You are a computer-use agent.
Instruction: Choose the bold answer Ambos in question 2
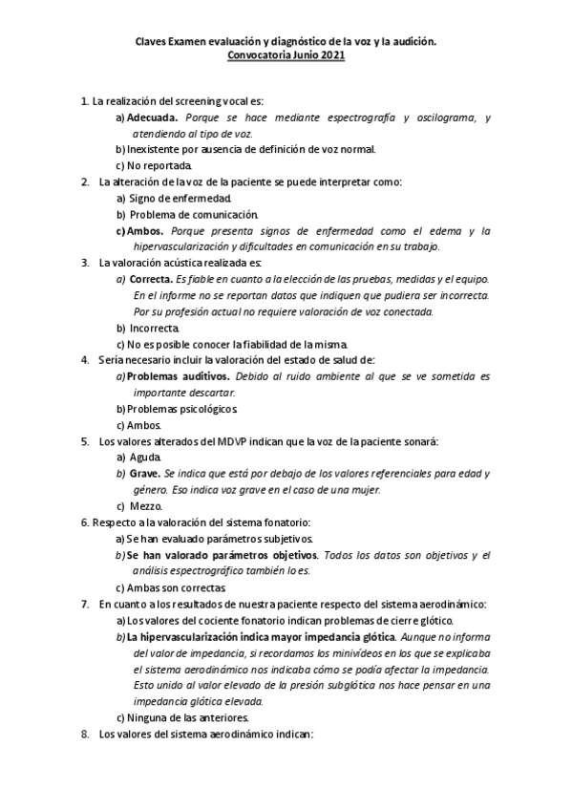point(147,230)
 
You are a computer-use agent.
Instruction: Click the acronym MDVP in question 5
point(222,441)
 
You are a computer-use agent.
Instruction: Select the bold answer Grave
point(144,474)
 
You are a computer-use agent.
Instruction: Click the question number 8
point(85,734)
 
